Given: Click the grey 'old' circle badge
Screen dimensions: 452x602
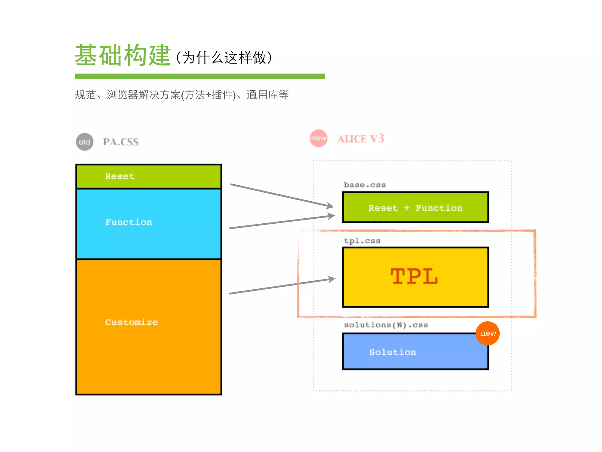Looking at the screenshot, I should point(85,142).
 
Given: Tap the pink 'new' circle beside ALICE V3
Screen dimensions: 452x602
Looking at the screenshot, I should point(319,138).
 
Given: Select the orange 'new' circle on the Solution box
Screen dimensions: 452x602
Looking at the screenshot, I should point(488,333).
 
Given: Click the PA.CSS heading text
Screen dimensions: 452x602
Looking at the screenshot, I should point(121,142).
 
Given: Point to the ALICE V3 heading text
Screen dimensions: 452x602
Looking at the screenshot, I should point(361,139).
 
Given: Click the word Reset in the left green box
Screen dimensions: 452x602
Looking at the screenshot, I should point(120,176).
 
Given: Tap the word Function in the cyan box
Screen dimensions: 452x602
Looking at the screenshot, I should point(128,222).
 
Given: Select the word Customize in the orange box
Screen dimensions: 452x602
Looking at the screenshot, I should point(131,322).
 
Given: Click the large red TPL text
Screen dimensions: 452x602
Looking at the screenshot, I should point(414,276).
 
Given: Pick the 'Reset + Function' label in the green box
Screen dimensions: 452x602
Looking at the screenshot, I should point(415,208).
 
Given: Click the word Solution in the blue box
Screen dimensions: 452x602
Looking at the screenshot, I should point(392,352).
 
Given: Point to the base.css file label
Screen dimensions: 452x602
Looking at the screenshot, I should point(365,185).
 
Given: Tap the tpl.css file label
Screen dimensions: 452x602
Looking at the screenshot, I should point(362,241).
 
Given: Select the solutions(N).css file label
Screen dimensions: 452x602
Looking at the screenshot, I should point(386,325).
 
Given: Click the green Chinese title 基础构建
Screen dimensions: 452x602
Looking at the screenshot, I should point(123,55).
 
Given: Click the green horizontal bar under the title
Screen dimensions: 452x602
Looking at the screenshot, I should point(200,76).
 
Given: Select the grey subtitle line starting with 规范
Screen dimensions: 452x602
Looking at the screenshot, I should point(182,95).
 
